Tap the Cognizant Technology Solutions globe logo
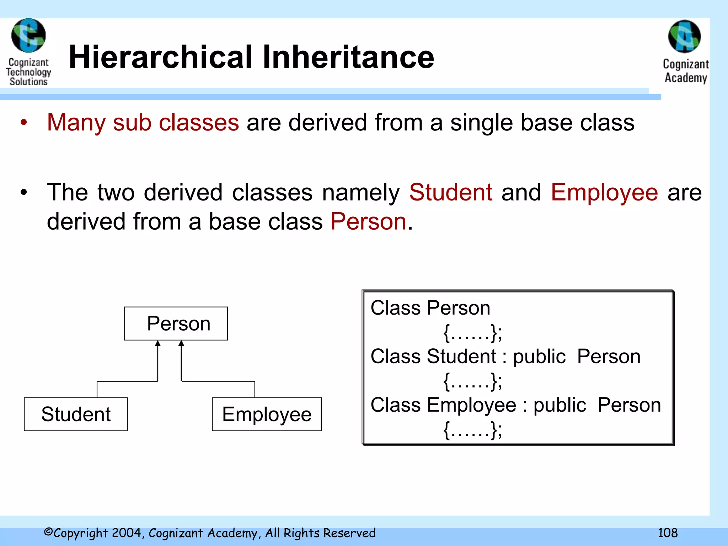(x=28, y=36)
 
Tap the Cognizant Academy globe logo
(x=685, y=37)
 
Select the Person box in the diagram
(x=176, y=323)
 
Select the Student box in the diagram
(x=76, y=414)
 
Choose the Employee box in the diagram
(x=267, y=414)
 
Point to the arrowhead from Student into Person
(x=158, y=343)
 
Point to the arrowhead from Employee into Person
(x=181, y=343)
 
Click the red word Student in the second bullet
(x=451, y=192)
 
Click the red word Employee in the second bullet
(x=604, y=192)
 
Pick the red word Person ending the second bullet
(x=368, y=221)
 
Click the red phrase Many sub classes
(x=143, y=122)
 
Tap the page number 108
(x=668, y=533)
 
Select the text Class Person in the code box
(x=430, y=308)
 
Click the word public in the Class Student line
(x=539, y=357)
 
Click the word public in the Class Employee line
(x=560, y=405)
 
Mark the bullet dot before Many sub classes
(x=24, y=122)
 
